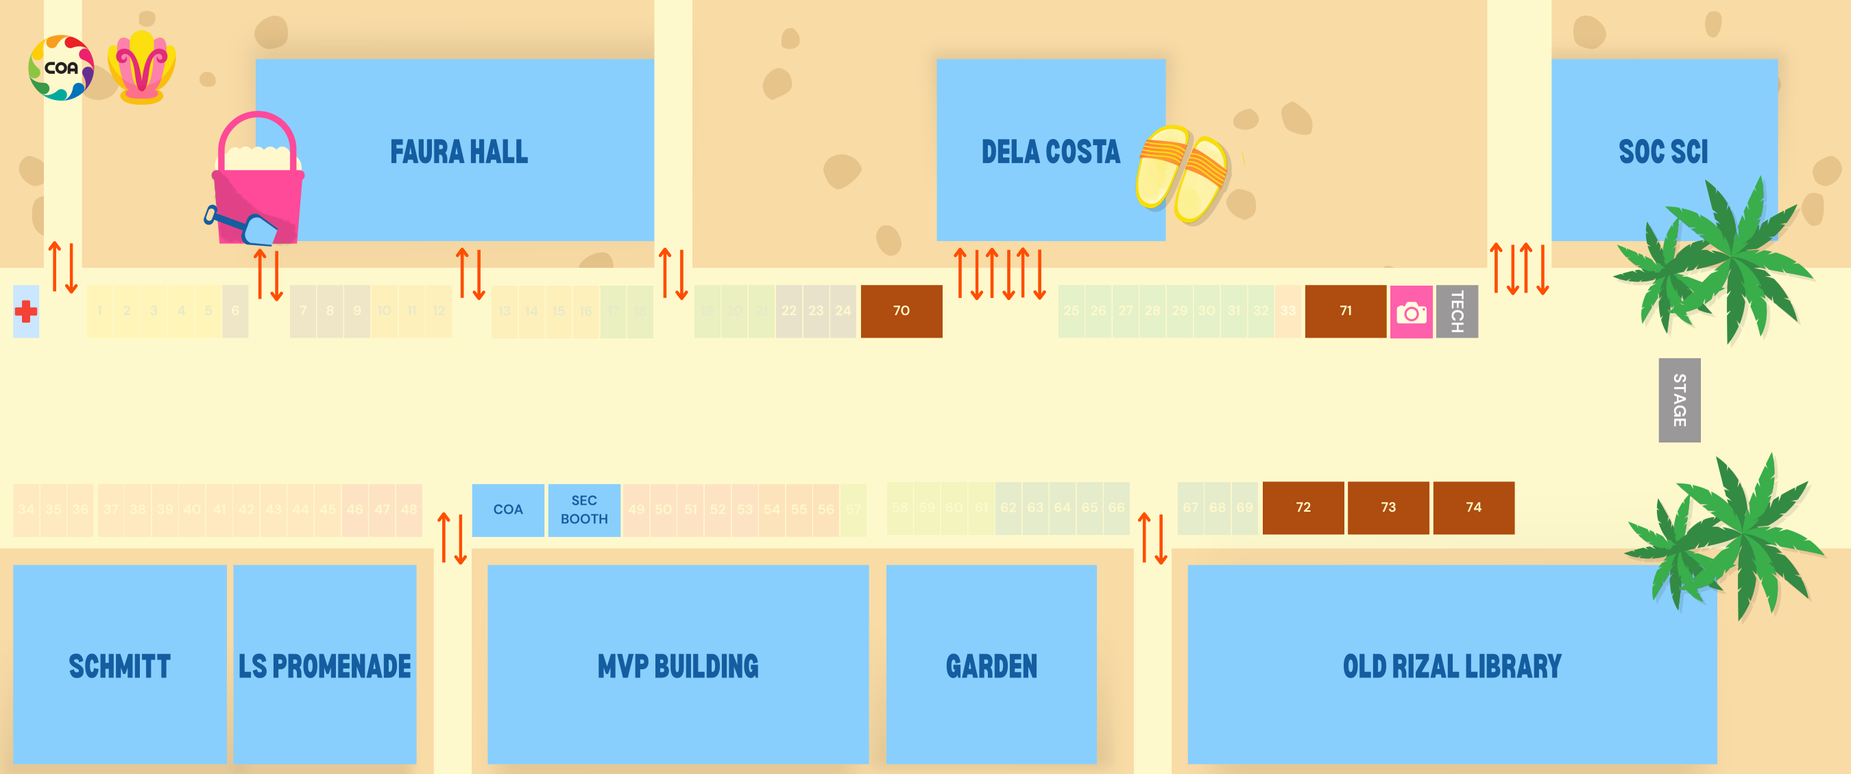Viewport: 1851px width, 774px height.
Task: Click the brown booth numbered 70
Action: click(901, 311)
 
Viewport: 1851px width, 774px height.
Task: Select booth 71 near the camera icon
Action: click(1345, 311)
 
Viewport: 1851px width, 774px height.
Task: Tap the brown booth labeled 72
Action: click(1303, 508)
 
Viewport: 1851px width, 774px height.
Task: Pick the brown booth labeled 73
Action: click(1388, 508)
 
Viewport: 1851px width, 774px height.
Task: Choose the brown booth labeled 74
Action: click(1473, 508)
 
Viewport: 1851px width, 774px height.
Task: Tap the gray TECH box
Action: click(1457, 312)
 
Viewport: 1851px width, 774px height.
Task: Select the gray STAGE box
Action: click(1679, 400)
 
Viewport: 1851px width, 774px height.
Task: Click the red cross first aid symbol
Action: click(26, 312)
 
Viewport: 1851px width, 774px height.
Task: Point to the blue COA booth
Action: click(507, 510)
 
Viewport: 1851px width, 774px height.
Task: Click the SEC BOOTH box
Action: click(583, 510)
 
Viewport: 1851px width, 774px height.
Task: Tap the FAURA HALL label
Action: click(459, 152)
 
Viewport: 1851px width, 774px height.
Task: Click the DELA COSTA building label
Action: click(1050, 152)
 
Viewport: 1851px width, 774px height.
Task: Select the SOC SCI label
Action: click(1662, 152)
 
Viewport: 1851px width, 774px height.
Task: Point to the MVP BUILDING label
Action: click(677, 666)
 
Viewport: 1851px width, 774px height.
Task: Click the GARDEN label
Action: click(991, 666)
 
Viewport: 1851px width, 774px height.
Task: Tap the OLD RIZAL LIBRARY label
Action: click(1451, 666)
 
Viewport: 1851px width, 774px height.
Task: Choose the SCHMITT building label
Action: click(119, 666)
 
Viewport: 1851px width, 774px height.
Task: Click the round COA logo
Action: click(61, 68)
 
